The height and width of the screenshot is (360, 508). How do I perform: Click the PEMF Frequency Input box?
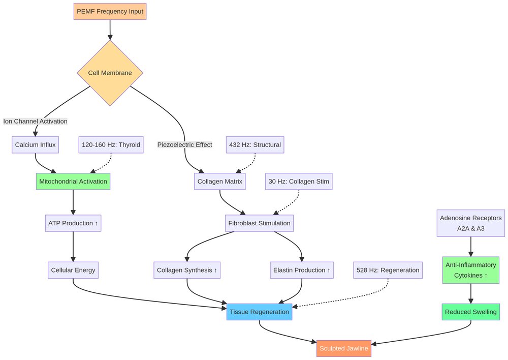click(x=110, y=11)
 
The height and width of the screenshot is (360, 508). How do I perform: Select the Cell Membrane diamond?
click(x=110, y=73)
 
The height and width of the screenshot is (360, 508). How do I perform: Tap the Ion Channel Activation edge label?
click(x=35, y=121)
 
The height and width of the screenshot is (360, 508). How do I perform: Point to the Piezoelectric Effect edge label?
click(x=184, y=144)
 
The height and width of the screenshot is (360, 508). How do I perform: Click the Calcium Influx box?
click(x=35, y=145)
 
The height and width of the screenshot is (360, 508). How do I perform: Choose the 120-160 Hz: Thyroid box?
click(x=111, y=145)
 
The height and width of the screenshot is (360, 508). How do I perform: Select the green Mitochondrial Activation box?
click(x=73, y=181)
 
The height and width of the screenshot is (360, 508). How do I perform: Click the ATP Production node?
click(x=73, y=223)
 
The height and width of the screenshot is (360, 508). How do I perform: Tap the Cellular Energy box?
click(x=73, y=270)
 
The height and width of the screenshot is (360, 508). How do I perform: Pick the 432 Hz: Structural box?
click(x=255, y=145)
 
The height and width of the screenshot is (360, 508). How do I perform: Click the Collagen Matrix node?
click(x=219, y=181)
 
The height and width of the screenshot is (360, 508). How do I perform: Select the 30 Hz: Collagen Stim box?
click(x=299, y=181)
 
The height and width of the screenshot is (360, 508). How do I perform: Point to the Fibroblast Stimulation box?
click(x=259, y=223)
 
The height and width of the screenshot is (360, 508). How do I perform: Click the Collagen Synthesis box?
click(x=187, y=270)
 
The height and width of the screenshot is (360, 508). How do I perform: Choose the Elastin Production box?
click(x=302, y=270)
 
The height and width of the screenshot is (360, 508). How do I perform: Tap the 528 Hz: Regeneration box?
click(x=388, y=270)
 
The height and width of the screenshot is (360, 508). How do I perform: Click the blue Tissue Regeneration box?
click(x=259, y=312)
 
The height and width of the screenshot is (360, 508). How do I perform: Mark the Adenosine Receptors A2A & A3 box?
click(x=470, y=223)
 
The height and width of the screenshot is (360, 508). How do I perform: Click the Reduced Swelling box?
click(x=470, y=312)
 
